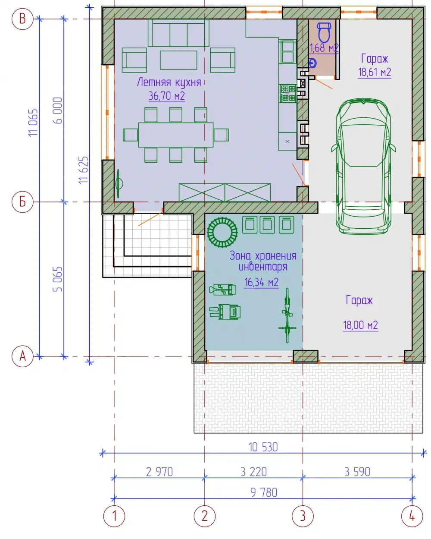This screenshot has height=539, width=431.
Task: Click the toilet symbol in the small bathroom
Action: click(324, 32)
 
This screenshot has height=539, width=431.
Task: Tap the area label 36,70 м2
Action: click(167, 96)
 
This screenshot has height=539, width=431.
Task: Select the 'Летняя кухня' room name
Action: click(169, 82)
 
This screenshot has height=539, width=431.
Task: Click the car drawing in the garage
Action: click(363, 166)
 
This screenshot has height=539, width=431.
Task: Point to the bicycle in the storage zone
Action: click(287, 315)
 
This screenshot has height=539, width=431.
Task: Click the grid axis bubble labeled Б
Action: click(22, 202)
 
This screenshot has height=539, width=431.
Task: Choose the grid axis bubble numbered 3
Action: click(303, 516)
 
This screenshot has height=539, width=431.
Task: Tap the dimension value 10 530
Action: click(263, 448)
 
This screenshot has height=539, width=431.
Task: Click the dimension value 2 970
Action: click(159, 472)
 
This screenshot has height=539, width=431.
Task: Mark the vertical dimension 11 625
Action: click(84, 170)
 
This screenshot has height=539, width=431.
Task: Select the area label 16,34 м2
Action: click(261, 282)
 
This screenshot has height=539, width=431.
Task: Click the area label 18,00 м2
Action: click(360, 325)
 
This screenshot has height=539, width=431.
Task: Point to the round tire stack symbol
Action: click(222, 232)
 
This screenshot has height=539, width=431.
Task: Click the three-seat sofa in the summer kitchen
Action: click(178, 32)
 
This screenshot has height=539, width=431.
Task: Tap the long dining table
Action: click(175, 135)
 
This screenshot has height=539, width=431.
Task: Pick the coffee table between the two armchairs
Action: click(178, 60)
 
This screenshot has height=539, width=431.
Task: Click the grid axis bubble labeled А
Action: click(22, 356)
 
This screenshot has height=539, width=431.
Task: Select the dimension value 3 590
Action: click(357, 472)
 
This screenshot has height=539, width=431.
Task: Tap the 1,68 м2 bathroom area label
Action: click(324, 47)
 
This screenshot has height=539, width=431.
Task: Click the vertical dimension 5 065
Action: click(57, 279)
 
